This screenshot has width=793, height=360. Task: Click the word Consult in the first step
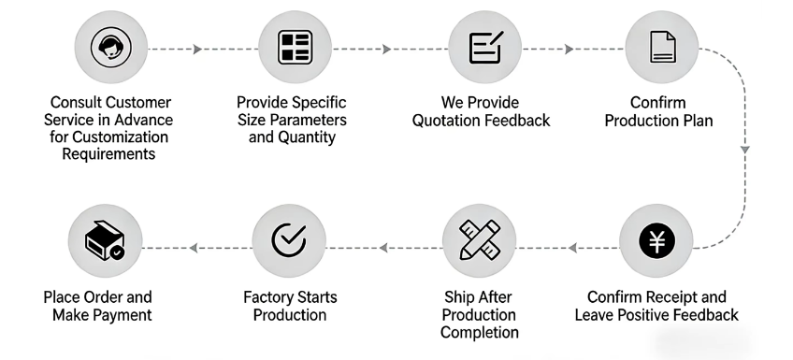[x=72, y=103]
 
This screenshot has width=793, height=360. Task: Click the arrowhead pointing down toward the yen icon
[x=745, y=148]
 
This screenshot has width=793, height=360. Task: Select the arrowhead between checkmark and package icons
[x=193, y=248]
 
